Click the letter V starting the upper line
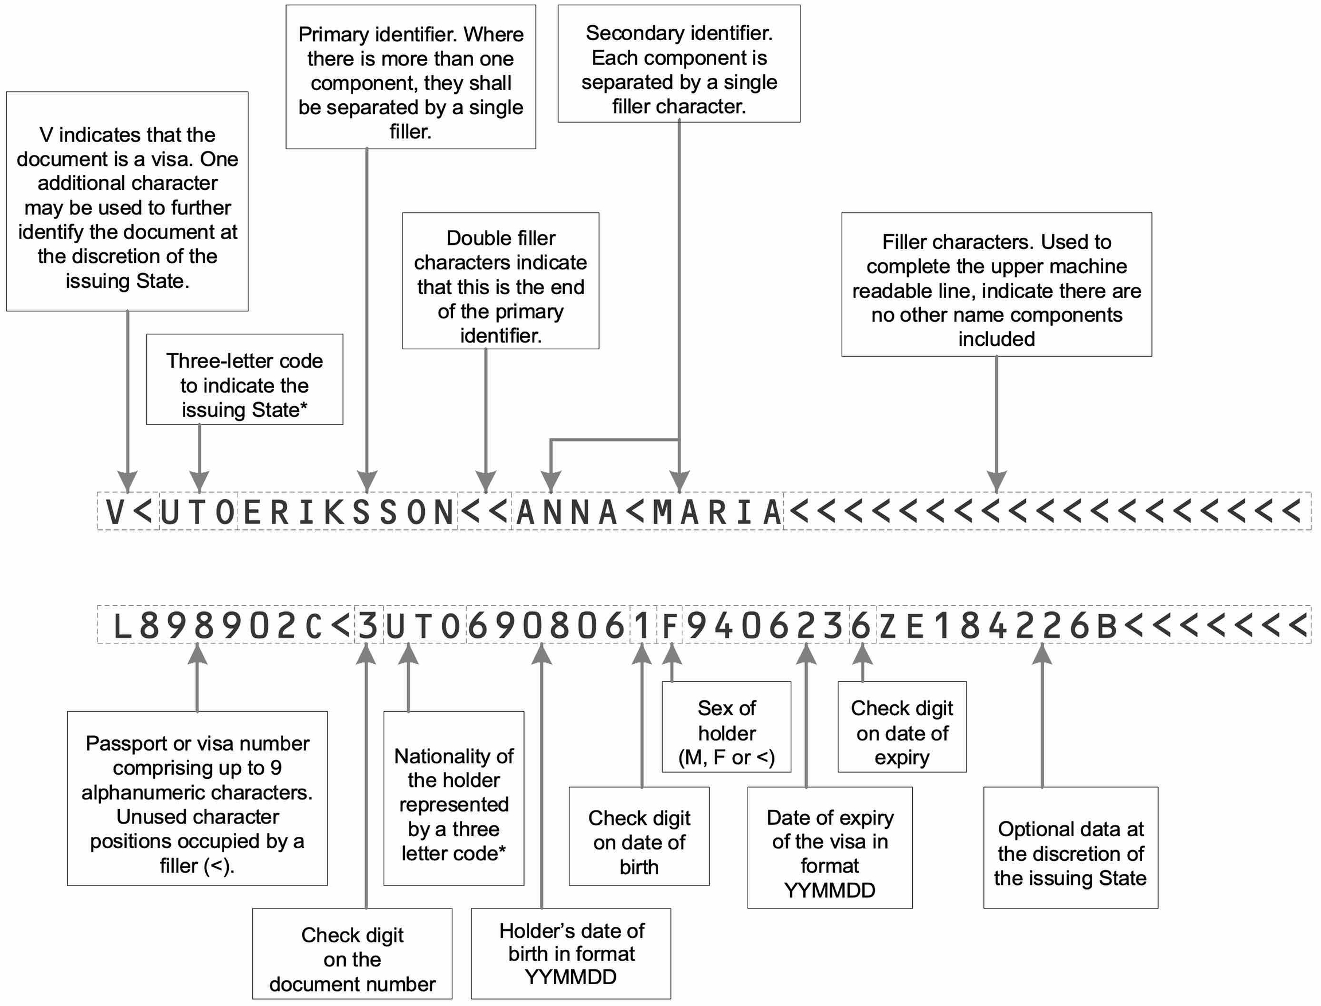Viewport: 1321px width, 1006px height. pos(115,512)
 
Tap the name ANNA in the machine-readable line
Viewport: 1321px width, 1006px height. pos(566,512)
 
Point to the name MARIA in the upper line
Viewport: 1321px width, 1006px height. pos(717,512)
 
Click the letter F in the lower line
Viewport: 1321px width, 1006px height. pos(670,626)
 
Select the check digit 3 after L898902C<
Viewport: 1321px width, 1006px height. pos(368,626)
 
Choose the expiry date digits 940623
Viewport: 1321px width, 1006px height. pos(766,626)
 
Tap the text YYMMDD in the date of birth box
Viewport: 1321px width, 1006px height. pos(570,977)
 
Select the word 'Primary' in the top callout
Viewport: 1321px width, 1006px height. pos(333,35)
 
